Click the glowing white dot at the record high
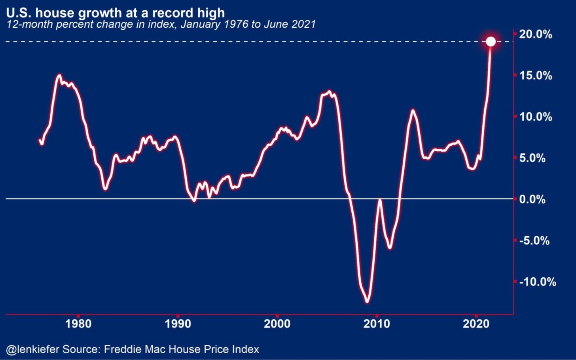click(x=491, y=42)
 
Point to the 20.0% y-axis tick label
click(x=535, y=34)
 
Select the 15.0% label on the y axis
click(x=535, y=76)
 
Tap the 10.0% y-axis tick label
click(x=535, y=117)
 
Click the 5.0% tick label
click(x=532, y=158)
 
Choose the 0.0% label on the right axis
click(x=532, y=199)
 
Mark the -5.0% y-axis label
click(x=534, y=241)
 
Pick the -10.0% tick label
click(x=537, y=282)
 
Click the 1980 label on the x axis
click(x=78, y=324)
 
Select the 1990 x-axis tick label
click(x=178, y=324)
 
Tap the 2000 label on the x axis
click(x=277, y=324)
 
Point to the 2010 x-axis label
click(x=377, y=324)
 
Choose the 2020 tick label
click(x=476, y=324)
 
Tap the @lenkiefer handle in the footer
click(x=32, y=350)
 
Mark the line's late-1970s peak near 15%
click(x=59, y=75)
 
